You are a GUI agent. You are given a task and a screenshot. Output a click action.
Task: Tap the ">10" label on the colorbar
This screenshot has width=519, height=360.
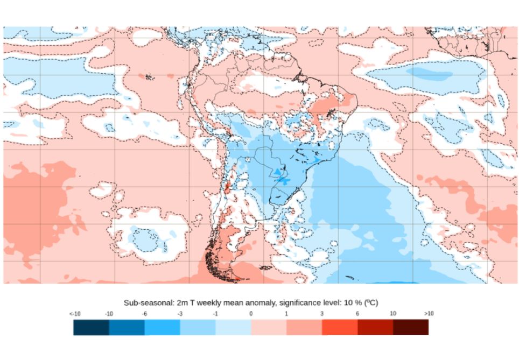[x=429, y=313]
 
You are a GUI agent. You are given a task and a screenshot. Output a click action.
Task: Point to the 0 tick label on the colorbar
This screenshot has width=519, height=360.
[x=251, y=313]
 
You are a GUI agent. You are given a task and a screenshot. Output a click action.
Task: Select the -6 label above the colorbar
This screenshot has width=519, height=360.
[x=144, y=313]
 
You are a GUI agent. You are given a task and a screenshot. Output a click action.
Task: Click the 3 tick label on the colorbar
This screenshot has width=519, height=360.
[x=322, y=313]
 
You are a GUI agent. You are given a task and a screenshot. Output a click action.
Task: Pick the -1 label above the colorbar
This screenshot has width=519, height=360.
[x=215, y=313]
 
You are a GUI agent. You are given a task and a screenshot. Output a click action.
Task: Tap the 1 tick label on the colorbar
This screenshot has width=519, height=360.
[x=286, y=313]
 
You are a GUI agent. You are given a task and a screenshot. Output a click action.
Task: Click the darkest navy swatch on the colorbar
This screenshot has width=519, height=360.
[x=91, y=327]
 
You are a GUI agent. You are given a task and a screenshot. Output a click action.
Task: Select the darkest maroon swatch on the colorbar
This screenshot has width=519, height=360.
[x=411, y=327]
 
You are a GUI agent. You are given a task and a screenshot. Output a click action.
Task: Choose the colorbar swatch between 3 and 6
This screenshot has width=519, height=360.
[x=340, y=327]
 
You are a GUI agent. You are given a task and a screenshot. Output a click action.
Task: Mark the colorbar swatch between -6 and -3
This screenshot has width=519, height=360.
[x=162, y=327]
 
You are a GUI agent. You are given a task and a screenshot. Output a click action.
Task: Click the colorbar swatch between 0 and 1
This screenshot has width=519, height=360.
[x=269, y=327]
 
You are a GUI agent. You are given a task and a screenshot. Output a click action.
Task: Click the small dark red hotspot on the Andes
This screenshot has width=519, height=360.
[x=227, y=187]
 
